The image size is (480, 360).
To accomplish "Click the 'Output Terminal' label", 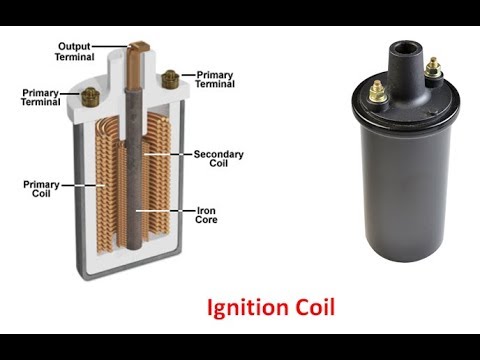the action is point(75,52).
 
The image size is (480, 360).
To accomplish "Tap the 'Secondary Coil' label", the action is point(219,159).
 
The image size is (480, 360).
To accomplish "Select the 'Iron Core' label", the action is point(206,215).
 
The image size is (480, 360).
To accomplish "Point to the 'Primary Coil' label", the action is point(41,189).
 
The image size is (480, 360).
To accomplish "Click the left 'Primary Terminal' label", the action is point(40,97).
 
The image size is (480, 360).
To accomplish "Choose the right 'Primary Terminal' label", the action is point(215,79).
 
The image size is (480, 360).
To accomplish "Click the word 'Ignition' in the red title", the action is point(248,307).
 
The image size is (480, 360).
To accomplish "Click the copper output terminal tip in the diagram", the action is point(138,46).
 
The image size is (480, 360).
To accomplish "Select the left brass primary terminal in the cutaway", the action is point(90,97).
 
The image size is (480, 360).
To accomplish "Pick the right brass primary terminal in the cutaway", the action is point(170,79).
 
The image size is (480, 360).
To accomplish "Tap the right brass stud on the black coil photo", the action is point(433,67).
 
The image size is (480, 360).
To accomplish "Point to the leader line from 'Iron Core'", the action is point(166,211).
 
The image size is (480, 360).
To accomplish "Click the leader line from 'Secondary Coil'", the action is point(168,154).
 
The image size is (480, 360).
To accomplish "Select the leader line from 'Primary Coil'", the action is point(83,185).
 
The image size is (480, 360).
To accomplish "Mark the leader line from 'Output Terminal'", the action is point(111,46).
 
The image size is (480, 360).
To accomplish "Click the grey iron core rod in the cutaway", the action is point(135,168).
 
